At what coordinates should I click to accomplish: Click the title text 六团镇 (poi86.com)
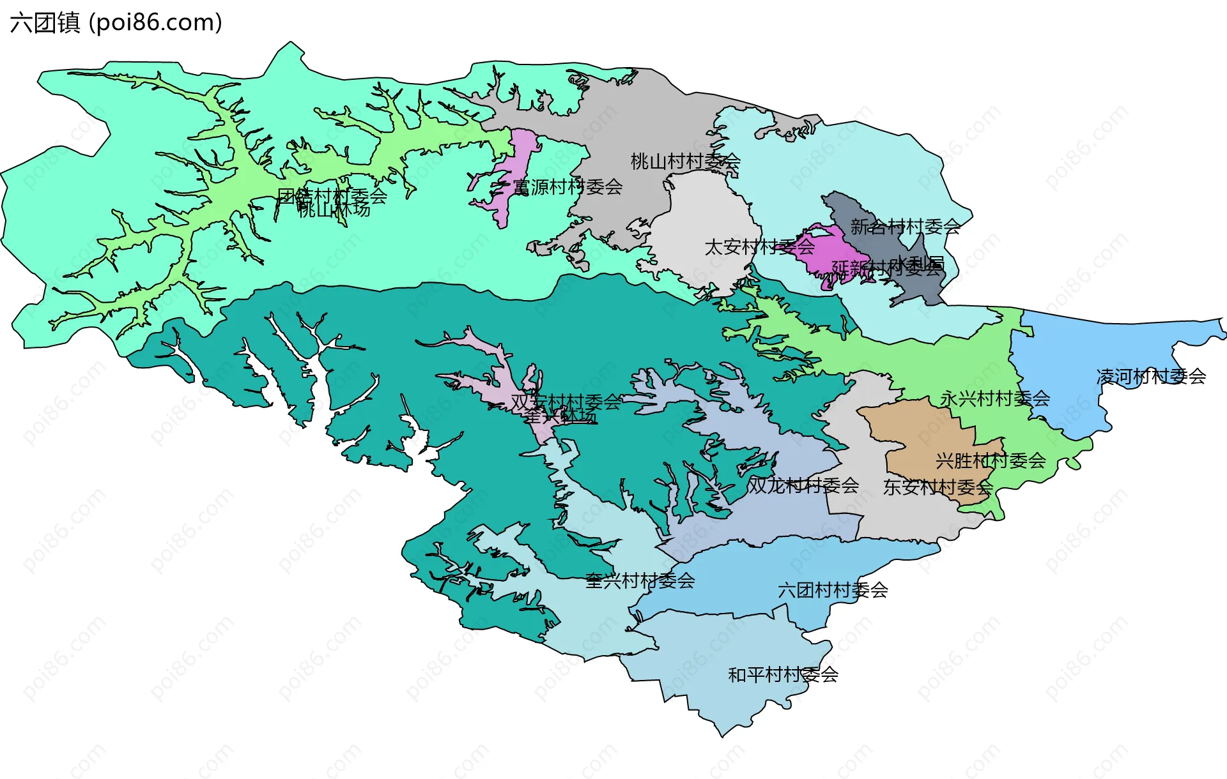[116, 23]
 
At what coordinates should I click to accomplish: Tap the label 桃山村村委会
[685, 162]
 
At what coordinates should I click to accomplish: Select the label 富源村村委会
[567, 187]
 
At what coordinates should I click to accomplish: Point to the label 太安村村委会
[759, 247]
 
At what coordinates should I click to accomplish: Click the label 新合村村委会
[905, 227]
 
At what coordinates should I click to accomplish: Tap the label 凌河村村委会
[1151, 377]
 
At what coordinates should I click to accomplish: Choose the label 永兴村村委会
[994, 399]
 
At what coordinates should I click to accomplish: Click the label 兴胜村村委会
[990, 460]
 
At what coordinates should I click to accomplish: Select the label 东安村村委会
[938, 488]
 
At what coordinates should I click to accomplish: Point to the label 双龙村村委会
[803, 486]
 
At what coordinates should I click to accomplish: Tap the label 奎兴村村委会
[640, 581]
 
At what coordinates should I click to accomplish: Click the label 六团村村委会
[833, 591]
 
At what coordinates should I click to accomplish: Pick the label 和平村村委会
[783, 675]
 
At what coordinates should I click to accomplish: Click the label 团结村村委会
[332, 195]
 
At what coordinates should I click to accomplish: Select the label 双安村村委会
[566, 402]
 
